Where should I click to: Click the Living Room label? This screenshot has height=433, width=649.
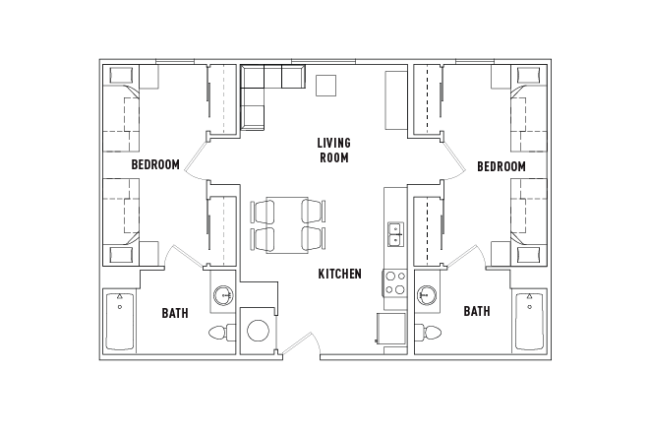(333, 150)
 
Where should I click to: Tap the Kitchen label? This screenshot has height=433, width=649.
(339, 274)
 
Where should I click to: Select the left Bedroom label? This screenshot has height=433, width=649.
(155, 165)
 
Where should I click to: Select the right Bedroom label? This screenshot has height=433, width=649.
(501, 166)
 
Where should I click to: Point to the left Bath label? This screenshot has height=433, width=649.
(175, 313)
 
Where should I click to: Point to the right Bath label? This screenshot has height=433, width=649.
(477, 312)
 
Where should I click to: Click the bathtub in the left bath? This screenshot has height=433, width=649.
(120, 320)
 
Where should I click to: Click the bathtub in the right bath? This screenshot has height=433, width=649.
(529, 320)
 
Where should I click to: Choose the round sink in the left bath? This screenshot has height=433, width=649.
(223, 294)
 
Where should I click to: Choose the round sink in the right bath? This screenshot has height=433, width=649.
(428, 294)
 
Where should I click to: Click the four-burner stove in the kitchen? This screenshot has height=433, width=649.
(394, 283)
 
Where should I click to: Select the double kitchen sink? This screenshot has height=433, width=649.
(394, 234)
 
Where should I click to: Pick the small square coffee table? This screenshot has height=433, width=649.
(325, 85)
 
